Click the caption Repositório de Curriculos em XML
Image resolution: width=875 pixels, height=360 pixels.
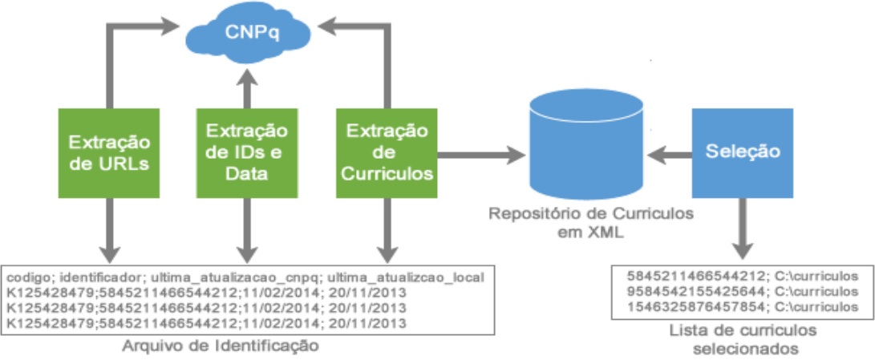point(585,222)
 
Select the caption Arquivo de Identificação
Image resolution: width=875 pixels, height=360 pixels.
point(220,346)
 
